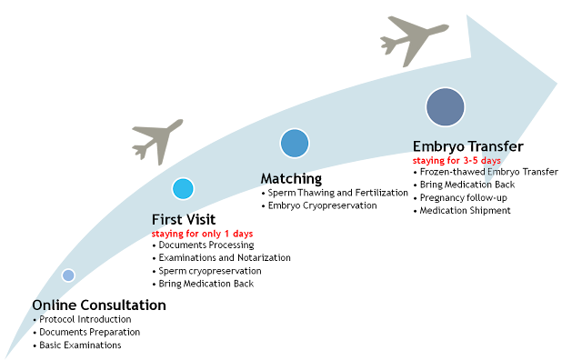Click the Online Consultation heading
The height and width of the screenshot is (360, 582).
click(99, 305)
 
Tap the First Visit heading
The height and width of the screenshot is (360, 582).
click(184, 220)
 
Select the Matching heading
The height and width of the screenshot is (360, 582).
click(291, 178)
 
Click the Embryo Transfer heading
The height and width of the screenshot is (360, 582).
click(467, 146)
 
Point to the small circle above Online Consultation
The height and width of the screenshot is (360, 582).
click(68, 275)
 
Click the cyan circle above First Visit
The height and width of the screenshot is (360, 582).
click(183, 188)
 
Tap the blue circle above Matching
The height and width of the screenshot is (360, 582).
click(295, 144)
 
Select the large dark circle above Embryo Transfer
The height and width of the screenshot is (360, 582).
click(445, 107)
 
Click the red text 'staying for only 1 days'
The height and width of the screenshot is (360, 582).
click(202, 234)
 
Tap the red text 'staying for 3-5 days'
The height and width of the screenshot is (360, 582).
click(457, 161)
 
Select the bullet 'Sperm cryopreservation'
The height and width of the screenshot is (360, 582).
click(206, 271)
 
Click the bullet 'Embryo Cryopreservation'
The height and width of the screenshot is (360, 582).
click(319, 205)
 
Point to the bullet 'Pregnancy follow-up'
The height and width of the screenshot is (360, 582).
click(460, 198)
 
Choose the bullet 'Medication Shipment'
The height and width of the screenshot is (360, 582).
click(462, 210)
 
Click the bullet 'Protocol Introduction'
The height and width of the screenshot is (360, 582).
click(82, 319)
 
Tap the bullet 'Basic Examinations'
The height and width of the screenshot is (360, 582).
click(77, 345)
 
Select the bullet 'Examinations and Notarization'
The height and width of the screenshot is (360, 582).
click(222, 257)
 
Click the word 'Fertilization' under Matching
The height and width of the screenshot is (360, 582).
click(381, 193)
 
